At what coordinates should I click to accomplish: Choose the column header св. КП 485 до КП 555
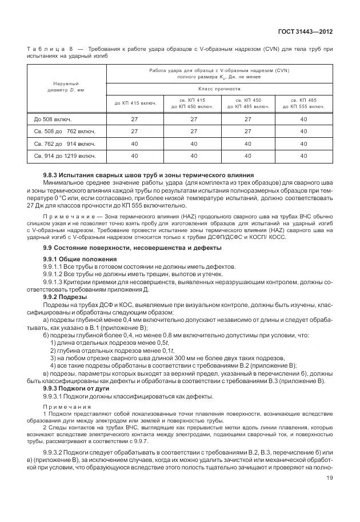304,103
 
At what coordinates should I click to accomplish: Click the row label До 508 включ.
54,119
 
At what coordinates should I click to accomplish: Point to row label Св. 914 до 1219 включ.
65,155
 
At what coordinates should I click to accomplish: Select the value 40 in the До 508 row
304,119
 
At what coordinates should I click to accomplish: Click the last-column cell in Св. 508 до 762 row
304,131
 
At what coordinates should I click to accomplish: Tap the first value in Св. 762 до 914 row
135,143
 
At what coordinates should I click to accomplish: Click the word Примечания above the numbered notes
65,407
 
